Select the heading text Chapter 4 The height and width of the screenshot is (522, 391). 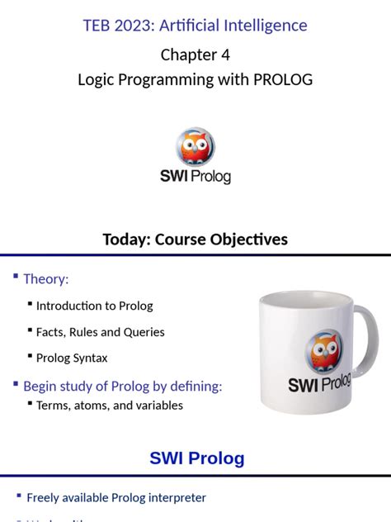pos(195,55)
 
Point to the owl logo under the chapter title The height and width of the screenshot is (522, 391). pos(195,147)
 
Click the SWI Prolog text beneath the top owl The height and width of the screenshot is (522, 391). pos(195,176)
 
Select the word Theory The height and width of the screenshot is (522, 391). pos(45,279)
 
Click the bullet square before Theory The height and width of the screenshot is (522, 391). pos(16,276)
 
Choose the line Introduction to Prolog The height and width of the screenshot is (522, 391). pos(94,306)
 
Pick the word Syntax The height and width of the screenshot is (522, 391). pos(88,358)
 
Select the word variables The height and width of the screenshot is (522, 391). pos(155,406)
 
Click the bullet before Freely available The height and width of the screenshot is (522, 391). pos(17,495)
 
